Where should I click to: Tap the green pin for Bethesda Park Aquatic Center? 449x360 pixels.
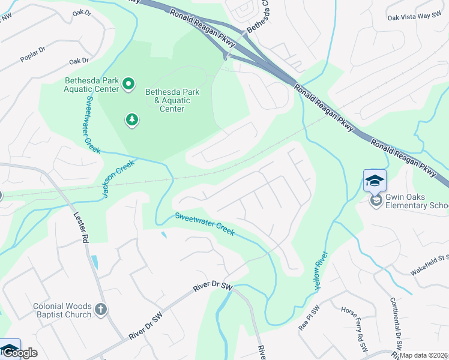(x=128, y=84)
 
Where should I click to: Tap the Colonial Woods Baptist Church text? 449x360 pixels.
(x=62, y=310)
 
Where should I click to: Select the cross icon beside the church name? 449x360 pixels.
(x=101, y=310)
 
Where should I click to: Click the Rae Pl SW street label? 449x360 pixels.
(x=306, y=324)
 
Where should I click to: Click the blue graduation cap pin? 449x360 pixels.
(x=375, y=181)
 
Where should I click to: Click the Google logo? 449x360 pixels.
(x=20, y=353)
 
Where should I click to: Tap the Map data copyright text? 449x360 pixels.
(x=423, y=355)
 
